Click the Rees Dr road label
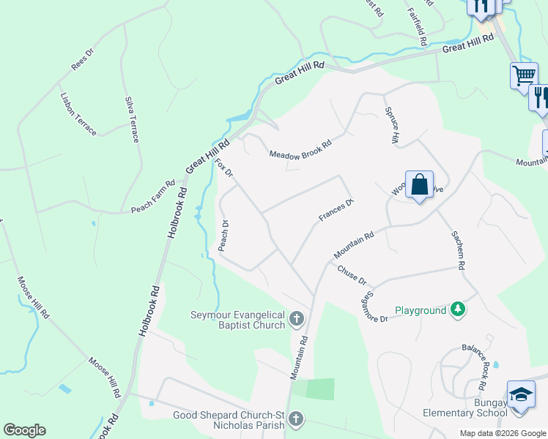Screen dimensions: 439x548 (83, 59)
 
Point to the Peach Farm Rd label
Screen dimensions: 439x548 (153, 197)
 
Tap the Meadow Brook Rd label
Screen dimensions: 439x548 (300, 149)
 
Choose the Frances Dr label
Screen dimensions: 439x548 (336, 210)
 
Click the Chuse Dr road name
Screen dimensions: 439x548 (352, 275)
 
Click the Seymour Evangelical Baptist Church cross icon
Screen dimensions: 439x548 (297, 318)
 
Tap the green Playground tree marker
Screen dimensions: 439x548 (458, 310)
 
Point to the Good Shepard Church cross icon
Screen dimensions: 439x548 (295, 419)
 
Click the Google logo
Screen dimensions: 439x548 (24, 430)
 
